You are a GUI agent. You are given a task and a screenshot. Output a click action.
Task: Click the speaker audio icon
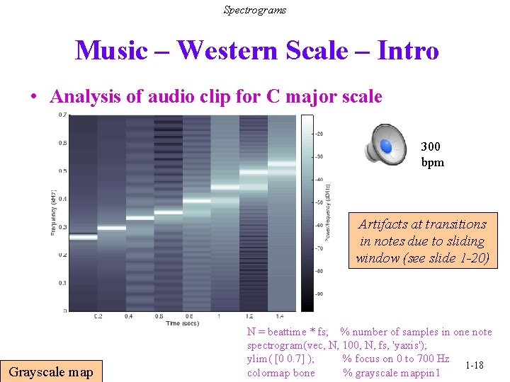click(x=386, y=144)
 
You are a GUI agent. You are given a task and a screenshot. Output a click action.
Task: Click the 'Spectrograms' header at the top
click(x=255, y=10)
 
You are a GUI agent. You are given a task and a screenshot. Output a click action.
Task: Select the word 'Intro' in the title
click(x=408, y=51)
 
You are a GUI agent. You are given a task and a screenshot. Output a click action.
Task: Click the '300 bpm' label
click(x=431, y=154)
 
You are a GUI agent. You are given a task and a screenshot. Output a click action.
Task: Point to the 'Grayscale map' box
click(x=51, y=371)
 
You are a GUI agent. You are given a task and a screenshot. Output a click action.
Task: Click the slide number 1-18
click(x=474, y=365)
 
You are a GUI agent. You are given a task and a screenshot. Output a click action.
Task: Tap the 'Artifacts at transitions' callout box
click(x=422, y=241)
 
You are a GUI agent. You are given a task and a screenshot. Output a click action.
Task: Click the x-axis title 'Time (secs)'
click(x=183, y=323)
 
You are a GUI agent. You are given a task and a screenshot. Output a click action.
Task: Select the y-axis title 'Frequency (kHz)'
click(x=54, y=213)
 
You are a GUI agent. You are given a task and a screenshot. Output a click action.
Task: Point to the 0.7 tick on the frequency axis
click(x=63, y=115)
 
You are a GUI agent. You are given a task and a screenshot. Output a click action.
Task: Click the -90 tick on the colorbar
click(x=319, y=294)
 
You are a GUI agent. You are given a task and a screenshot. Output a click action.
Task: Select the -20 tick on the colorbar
click(x=319, y=134)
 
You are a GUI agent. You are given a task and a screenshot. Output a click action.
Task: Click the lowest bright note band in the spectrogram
click(x=83, y=237)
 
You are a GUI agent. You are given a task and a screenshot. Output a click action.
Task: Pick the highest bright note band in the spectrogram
click(x=281, y=163)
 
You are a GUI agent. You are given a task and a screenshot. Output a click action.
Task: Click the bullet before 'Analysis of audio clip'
click(x=35, y=97)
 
